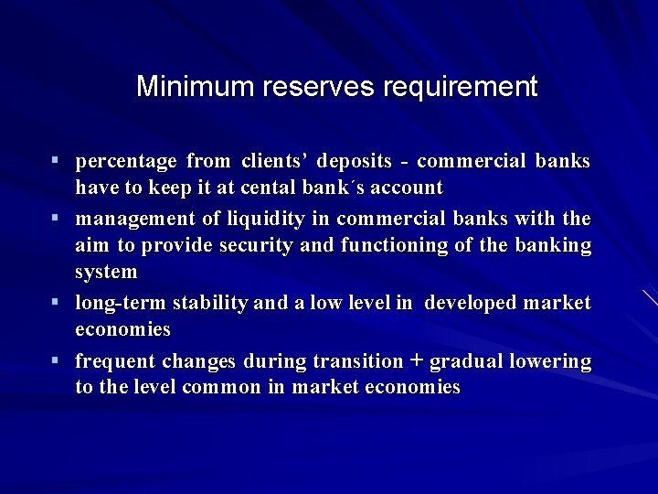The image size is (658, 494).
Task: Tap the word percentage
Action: pos(126,162)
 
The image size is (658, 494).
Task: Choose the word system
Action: pos(106,272)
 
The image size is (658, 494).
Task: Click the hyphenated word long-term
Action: pos(115,303)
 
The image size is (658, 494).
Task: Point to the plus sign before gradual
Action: pos(416,360)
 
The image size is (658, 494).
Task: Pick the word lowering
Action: pos(552,361)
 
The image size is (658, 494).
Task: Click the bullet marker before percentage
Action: pos(56,161)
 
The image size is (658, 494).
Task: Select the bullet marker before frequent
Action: pos(56,360)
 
